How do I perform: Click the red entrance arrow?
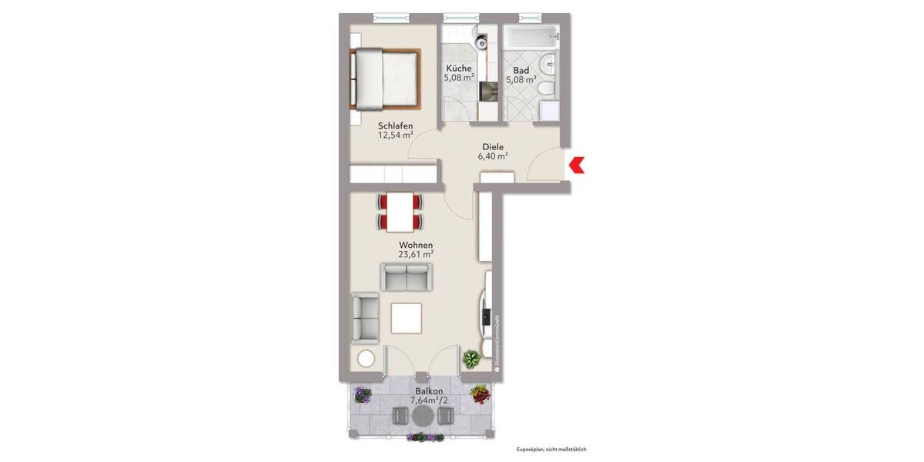(577, 165)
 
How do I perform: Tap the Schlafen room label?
(396, 126)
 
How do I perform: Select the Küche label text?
(458, 68)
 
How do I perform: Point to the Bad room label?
(520, 68)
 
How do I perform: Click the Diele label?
(493, 146)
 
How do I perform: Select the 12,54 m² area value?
(396, 136)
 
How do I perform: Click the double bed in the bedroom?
(386, 79)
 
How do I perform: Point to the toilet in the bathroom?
(546, 89)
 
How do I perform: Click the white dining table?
(400, 212)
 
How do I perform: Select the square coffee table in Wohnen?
(406, 316)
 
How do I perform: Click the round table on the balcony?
(422, 416)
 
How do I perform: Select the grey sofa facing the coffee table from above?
(406, 276)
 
